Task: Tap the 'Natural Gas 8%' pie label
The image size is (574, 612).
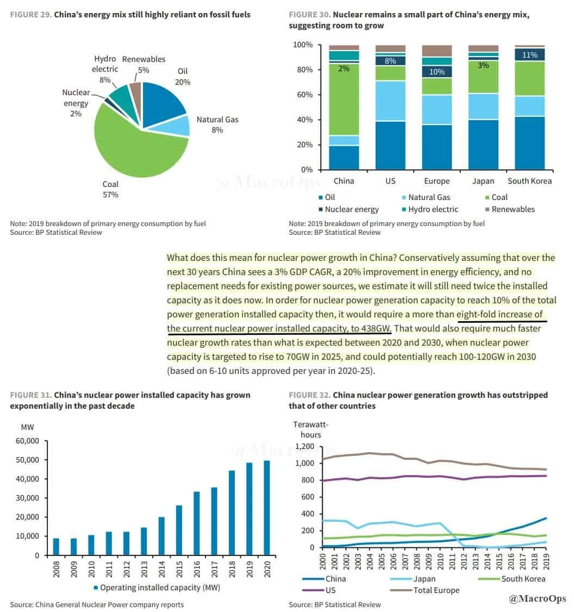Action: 217,124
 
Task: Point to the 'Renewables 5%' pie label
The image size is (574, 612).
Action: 143,64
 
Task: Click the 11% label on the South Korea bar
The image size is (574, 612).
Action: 529,54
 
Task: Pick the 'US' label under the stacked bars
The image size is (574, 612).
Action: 390,181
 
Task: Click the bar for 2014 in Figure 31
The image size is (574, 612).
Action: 161,536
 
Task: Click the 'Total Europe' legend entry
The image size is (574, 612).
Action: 436,590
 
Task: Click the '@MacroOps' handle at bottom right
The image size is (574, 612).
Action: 538,598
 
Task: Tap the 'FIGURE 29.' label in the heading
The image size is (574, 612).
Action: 30,15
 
